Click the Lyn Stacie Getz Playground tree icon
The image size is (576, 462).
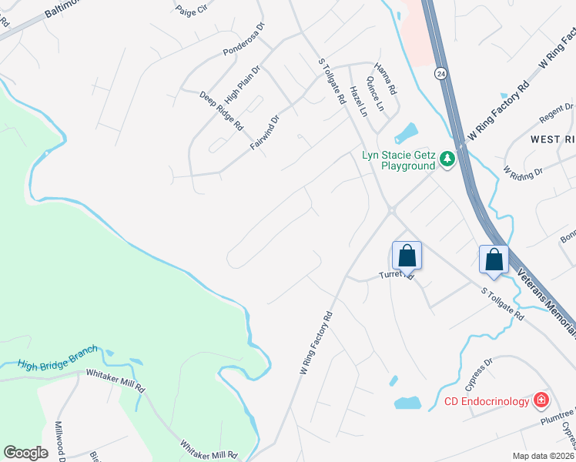pyautogui.click(x=447, y=160)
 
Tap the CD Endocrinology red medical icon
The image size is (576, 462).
pyautogui.click(x=541, y=400)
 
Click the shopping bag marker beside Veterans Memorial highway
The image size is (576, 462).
pyautogui.click(x=494, y=259)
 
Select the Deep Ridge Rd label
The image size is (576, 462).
pyautogui.click(x=221, y=111)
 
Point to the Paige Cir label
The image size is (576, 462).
pyautogui.click(x=193, y=10)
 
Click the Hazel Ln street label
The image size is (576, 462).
pyautogui.click(x=358, y=101)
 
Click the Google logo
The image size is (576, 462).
pyautogui.click(x=25, y=452)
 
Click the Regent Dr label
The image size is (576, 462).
pyautogui.click(x=556, y=113)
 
